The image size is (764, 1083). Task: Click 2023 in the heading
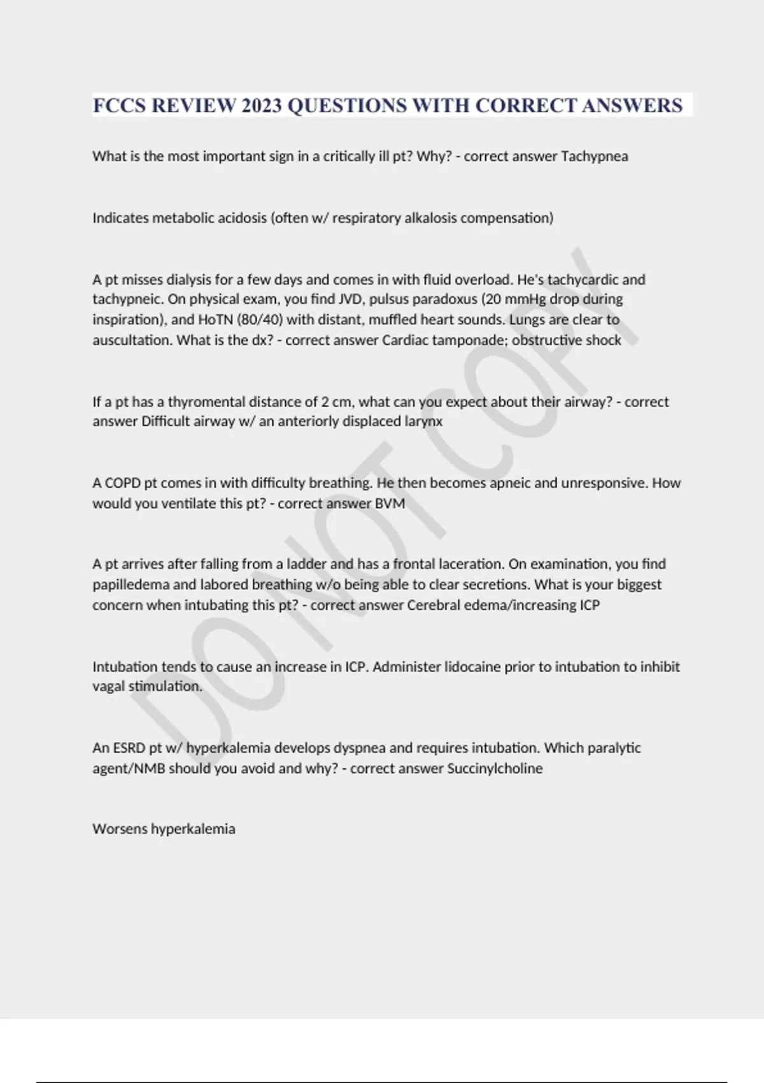point(261,105)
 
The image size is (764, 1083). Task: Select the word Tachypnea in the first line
point(594,156)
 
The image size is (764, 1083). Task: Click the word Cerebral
point(432,605)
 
